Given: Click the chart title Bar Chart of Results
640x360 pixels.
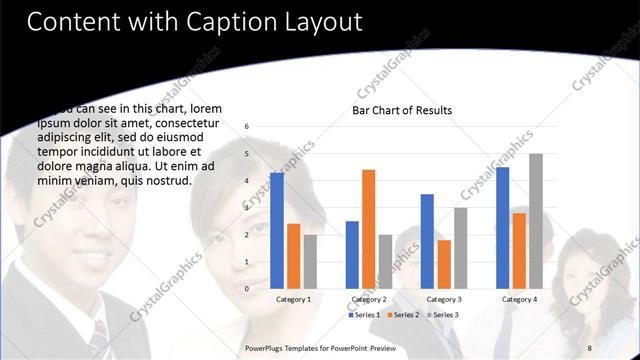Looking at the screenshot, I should click(x=402, y=110).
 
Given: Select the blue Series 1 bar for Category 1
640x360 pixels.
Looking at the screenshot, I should click(x=277, y=230).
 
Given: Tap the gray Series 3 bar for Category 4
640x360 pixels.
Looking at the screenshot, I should click(x=536, y=221).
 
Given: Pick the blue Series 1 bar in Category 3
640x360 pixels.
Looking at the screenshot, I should click(x=427, y=241).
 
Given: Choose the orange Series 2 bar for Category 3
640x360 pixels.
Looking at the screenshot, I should click(x=444, y=264).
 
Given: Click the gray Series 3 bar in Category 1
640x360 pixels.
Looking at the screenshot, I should click(x=310, y=261).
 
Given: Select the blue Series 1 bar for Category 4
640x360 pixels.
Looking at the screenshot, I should click(x=502, y=227).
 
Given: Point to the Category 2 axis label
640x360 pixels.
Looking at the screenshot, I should click(x=369, y=299).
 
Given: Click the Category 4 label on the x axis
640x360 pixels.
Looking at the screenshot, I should click(x=519, y=299).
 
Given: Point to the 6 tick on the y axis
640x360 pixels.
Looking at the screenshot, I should click(x=247, y=127).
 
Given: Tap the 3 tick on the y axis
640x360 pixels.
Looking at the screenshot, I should click(x=247, y=208).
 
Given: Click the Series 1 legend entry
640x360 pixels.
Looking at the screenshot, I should click(x=364, y=315).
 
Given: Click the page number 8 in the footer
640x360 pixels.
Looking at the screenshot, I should click(x=588, y=346).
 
